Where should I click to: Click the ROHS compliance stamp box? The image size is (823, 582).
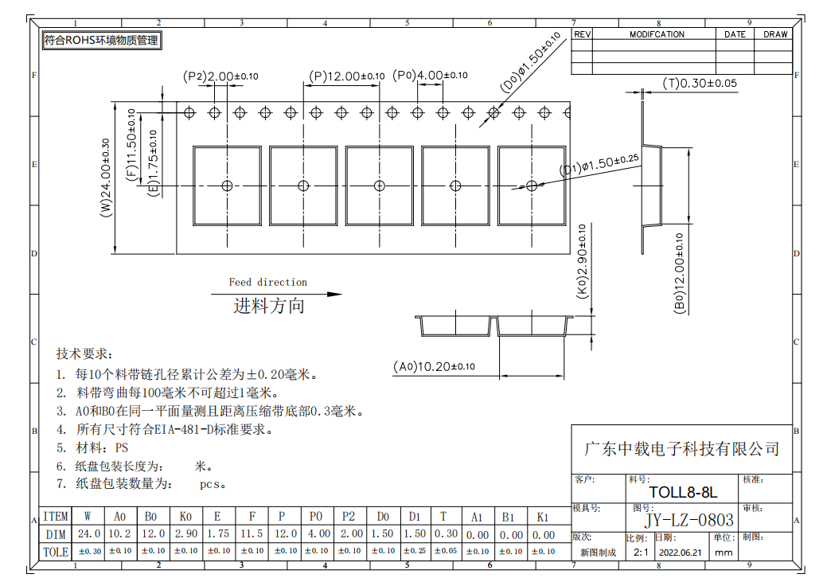tap(102, 41)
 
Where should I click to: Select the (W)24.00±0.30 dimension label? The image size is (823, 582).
tap(106, 178)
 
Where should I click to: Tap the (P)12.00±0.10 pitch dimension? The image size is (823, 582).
tap(346, 76)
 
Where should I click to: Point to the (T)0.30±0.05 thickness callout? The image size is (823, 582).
tap(700, 84)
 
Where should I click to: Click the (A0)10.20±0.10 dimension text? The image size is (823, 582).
tap(434, 366)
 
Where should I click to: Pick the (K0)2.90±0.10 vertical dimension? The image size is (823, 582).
tap(583, 261)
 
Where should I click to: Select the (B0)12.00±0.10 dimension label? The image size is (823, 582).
tap(680, 274)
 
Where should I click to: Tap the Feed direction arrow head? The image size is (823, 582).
tap(335, 295)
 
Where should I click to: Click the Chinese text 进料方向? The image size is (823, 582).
tap(269, 306)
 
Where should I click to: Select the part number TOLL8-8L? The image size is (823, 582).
tap(683, 492)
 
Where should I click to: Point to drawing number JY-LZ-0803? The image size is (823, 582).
tap(689, 520)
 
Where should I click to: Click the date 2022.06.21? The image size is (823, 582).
tap(681, 553)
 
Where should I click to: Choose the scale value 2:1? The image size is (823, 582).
tap(641, 552)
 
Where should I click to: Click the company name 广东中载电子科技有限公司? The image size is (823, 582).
tap(681, 449)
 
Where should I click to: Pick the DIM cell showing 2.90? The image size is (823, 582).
tap(185, 533)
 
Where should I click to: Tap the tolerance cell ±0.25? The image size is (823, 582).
tap(415, 551)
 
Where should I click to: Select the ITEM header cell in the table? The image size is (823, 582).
tap(56, 517)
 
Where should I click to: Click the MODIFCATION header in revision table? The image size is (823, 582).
tap(657, 34)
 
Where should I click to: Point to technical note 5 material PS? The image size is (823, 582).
tap(92, 447)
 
